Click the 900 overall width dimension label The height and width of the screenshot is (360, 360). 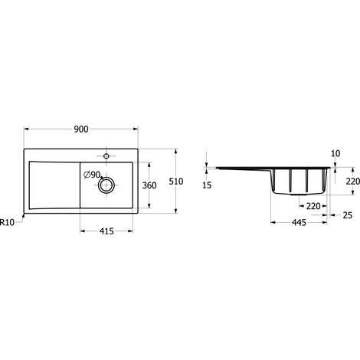click(x=81, y=129)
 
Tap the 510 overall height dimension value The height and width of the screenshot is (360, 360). click(x=176, y=182)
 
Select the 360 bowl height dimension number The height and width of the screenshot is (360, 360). click(x=149, y=185)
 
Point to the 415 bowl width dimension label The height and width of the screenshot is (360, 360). click(x=106, y=231)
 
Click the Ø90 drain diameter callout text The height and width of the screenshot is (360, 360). click(x=92, y=175)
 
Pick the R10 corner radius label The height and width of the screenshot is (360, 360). click(x=7, y=222)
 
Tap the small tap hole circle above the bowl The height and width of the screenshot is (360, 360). click(x=106, y=156)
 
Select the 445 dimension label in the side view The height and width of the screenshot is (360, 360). click(x=299, y=223)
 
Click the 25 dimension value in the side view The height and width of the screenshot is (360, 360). click(x=347, y=215)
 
